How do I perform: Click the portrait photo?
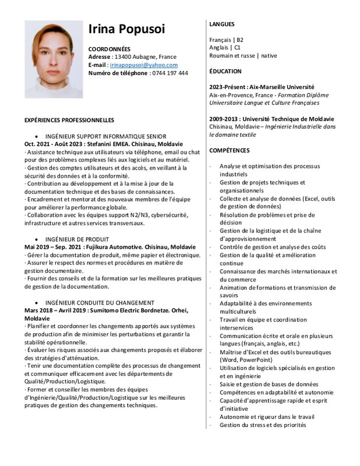54,59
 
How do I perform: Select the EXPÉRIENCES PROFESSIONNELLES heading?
69,120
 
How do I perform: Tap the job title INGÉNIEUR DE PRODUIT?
77,239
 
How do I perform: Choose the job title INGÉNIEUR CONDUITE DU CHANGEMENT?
100,303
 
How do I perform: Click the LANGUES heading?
222,24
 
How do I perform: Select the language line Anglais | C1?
225,47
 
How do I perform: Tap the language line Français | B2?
227,40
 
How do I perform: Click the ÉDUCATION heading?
225,71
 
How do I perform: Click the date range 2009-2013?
224,119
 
